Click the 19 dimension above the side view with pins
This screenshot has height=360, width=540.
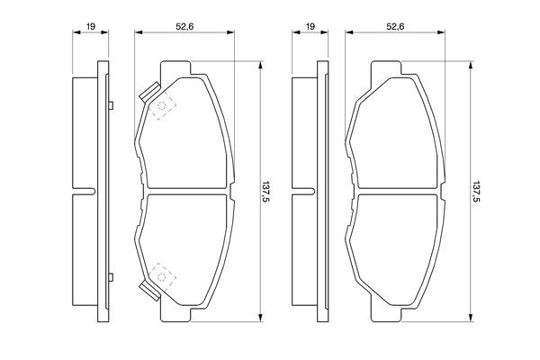point(91,26)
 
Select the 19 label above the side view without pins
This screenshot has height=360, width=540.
point(310,26)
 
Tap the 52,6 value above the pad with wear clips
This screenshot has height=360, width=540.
point(184,26)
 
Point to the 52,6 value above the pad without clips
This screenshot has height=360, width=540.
point(395,26)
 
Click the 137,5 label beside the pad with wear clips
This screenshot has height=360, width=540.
point(265,191)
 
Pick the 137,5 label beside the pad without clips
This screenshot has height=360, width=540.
point(475,191)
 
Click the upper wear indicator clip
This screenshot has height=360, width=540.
point(149,92)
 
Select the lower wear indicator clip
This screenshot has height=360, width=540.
point(149,291)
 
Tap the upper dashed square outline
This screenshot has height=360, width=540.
point(162,106)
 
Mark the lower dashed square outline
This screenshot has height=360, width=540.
point(162,276)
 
